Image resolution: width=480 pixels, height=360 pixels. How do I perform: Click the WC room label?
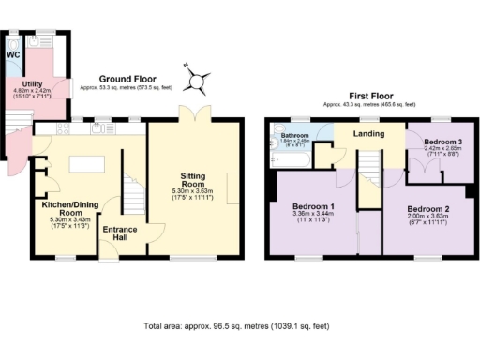(13, 54)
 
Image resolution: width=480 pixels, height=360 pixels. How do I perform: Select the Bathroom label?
(295, 136)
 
